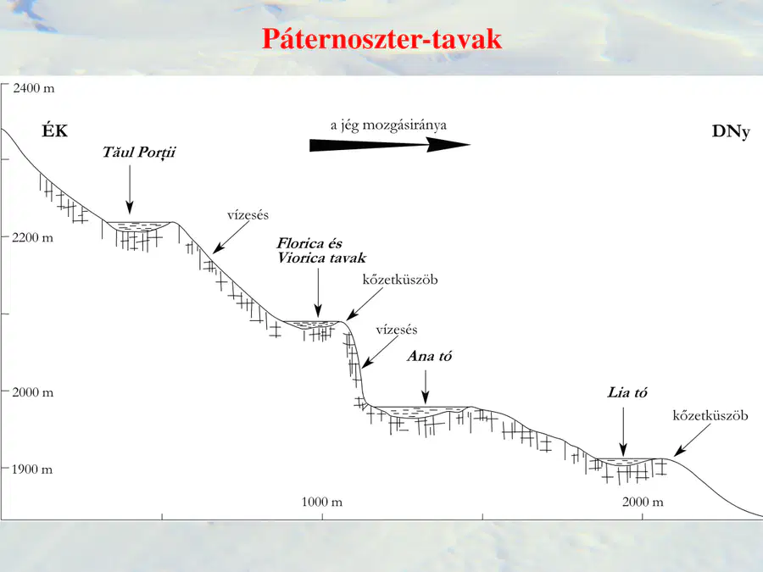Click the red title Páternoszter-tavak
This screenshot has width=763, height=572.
pyautogui.click(x=381, y=39)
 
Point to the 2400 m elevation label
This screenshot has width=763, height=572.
pyautogui.click(x=34, y=88)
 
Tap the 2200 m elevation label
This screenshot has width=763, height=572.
pyautogui.click(x=32, y=238)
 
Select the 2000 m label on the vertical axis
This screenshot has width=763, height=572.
pyautogui.click(x=32, y=392)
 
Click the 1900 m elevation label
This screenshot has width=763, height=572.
pyautogui.click(x=31, y=469)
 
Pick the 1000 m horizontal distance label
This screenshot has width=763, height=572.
pyautogui.click(x=321, y=502)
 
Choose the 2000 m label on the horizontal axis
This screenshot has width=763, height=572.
pyautogui.click(x=643, y=502)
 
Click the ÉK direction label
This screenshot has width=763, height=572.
pyautogui.click(x=54, y=131)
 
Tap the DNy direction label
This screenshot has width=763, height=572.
pyautogui.click(x=731, y=131)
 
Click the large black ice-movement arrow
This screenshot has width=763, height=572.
pyautogui.click(x=390, y=144)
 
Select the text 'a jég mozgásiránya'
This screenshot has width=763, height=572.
pyautogui.click(x=388, y=125)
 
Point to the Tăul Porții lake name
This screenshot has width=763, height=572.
pyautogui.click(x=139, y=153)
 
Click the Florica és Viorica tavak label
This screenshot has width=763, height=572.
pyautogui.click(x=321, y=251)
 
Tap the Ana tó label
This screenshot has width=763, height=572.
pyautogui.click(x=429, y=356)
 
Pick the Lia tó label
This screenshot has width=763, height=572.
pyautogui.click(x=627, y=392)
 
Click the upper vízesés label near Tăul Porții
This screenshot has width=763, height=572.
pyautogui.click(x=248, y=215)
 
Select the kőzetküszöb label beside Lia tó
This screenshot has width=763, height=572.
pyautogui.click(x=710, y=415)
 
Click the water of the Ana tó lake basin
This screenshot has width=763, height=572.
pyautogui.click(x=419, y=412)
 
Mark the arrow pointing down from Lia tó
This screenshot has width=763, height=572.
pyautogui.click(x=623, y=432)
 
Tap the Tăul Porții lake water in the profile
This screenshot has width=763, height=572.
pyautogui.click(x=139, y=225)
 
